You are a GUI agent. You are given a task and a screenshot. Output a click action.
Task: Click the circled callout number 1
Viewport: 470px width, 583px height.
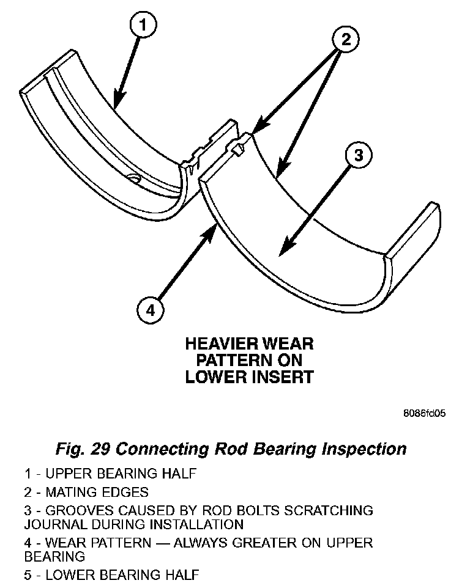click(x=143, y=26)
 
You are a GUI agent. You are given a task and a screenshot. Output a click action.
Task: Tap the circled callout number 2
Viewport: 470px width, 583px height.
click(x=346, y=40)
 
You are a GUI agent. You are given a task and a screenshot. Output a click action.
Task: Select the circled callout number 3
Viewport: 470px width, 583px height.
click(x=358, y=155)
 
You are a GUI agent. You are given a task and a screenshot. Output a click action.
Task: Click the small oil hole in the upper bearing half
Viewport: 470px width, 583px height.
click(x=134, y=178)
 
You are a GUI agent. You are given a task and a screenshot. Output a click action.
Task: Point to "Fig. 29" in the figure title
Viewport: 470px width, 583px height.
click(x=83, y=449)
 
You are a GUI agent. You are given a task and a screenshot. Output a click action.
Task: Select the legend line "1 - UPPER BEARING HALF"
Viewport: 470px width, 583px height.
click(x=110, y=474)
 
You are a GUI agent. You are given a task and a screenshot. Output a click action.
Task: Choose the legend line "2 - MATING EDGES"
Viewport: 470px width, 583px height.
click(x=86, y=492)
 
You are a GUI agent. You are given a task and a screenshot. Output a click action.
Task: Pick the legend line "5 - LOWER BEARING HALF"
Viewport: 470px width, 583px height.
click(x=111, y=574)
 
